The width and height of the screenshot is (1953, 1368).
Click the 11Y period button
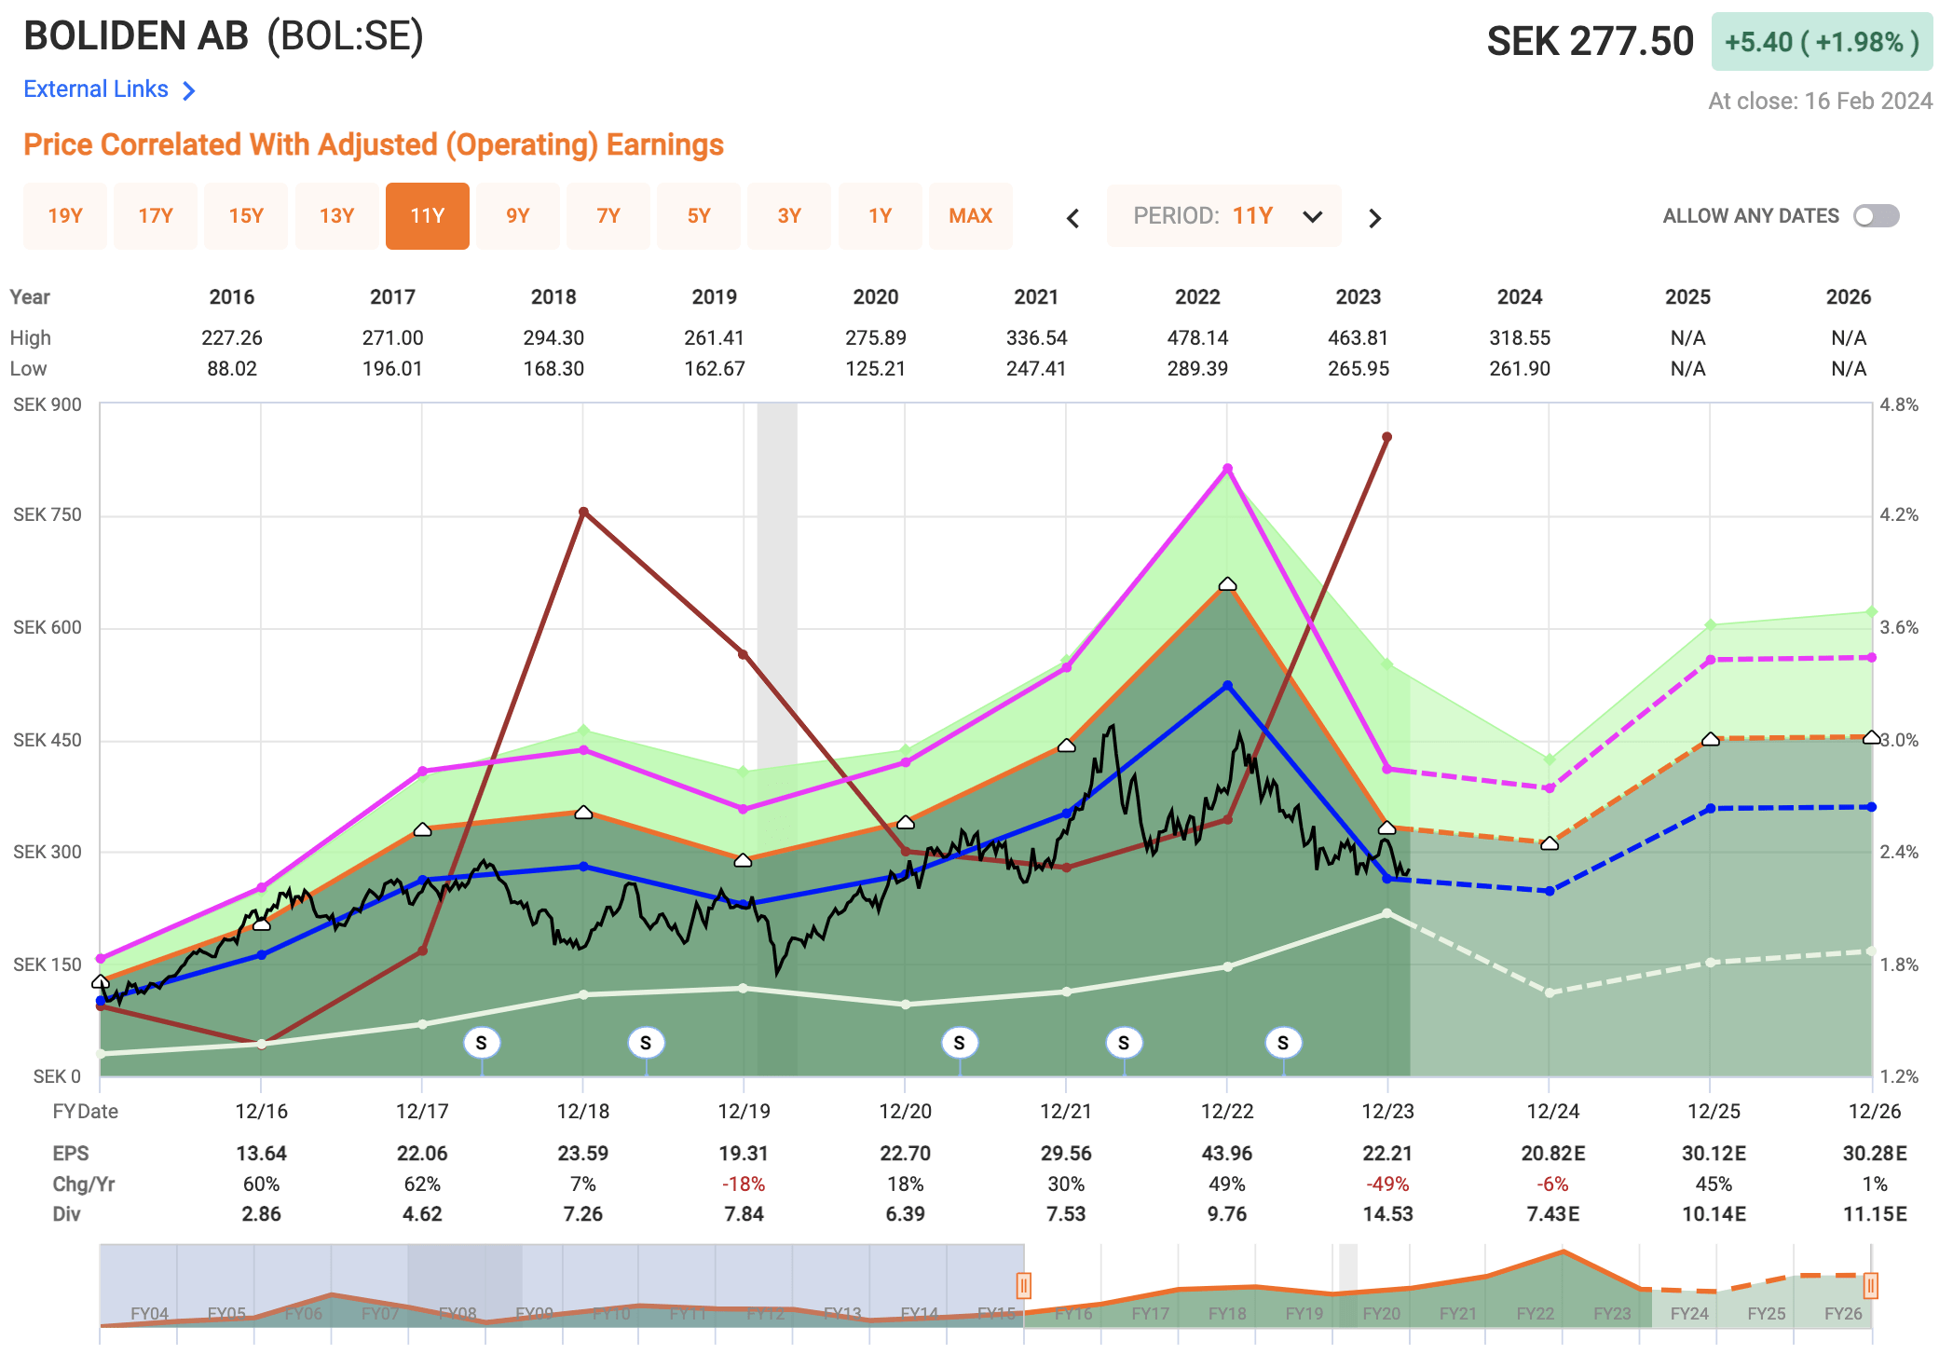427,216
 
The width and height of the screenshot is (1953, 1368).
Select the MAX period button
970,216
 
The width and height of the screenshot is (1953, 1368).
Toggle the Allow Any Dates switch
1876,216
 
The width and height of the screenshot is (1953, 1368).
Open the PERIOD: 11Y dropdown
1223,216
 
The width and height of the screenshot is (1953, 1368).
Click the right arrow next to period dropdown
1374,218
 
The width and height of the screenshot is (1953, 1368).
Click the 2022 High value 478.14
1197,337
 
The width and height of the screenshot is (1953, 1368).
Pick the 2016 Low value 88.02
231,368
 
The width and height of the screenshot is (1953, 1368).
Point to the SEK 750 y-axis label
48,515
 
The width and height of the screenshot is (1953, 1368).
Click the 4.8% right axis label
1899,405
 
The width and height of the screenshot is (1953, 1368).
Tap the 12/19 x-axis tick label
744,1111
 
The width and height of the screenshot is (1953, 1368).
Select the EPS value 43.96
1226,1154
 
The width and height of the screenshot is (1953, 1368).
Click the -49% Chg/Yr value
1386,1184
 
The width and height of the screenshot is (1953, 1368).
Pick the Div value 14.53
1386,1214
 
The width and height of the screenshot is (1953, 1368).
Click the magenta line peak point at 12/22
1227,469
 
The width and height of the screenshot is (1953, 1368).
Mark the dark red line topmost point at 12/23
1386,437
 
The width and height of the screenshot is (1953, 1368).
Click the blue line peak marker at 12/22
1227,686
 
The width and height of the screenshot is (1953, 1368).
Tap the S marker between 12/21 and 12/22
1123,1043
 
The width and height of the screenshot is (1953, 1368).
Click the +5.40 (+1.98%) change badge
1821,42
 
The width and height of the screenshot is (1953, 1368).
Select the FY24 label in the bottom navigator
1688,1313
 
